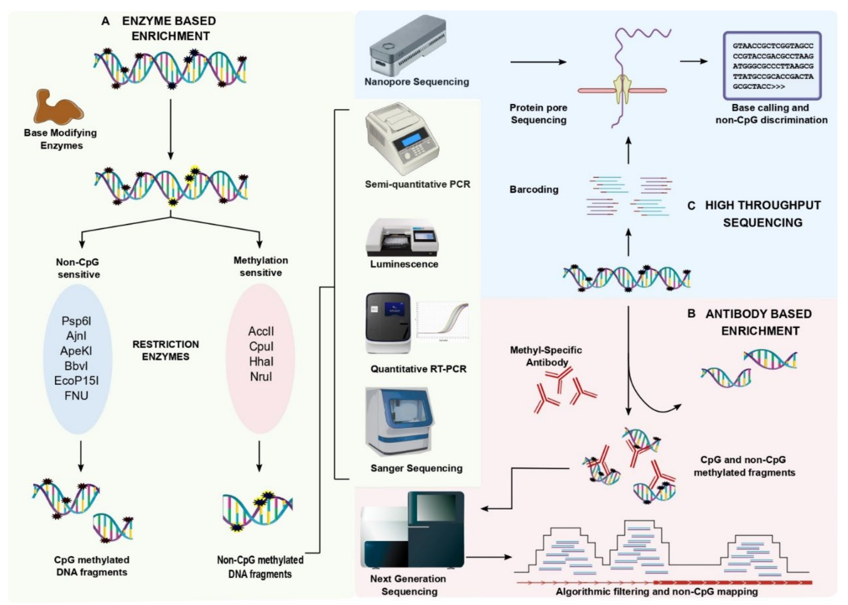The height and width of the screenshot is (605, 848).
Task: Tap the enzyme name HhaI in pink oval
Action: [261, 361]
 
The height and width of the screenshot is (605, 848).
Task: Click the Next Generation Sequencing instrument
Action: [413, 531]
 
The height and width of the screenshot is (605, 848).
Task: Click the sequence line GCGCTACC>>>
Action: [759, 86]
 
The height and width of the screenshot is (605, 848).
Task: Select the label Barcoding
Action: [534, 190]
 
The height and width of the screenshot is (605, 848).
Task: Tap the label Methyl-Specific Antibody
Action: [546, 356]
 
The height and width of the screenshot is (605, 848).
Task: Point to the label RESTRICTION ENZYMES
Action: [166, 350]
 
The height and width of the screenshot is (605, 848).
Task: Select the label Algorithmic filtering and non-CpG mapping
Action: [656, 592]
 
